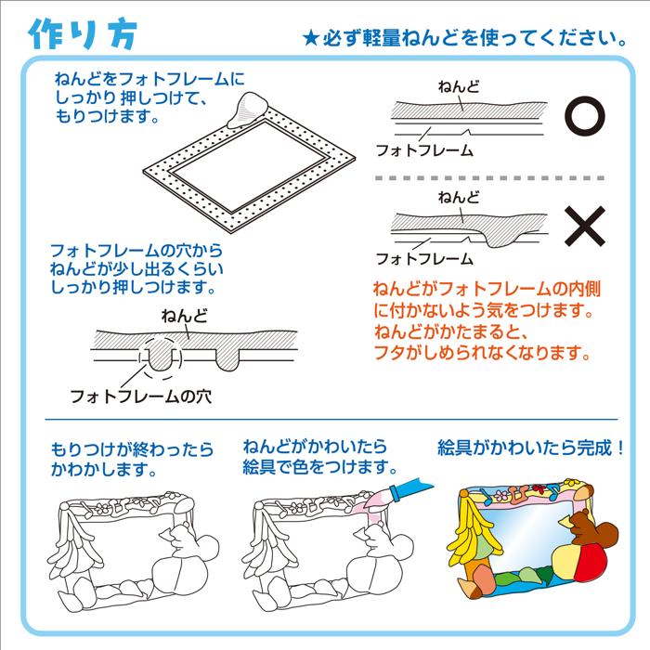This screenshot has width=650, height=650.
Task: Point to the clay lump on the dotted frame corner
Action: (x=249, y=110)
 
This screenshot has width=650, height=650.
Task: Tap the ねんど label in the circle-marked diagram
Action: (x=458, y=86)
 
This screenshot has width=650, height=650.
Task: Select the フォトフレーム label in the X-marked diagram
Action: (x=422, y=259)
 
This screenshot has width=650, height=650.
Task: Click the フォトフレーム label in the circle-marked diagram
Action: (x=422, y=149)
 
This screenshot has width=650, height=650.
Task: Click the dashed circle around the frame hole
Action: (x=160, y=357)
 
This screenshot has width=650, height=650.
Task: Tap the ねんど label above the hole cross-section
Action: (x=185, y=317)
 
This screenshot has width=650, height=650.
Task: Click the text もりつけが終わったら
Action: (x=125, y=449)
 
